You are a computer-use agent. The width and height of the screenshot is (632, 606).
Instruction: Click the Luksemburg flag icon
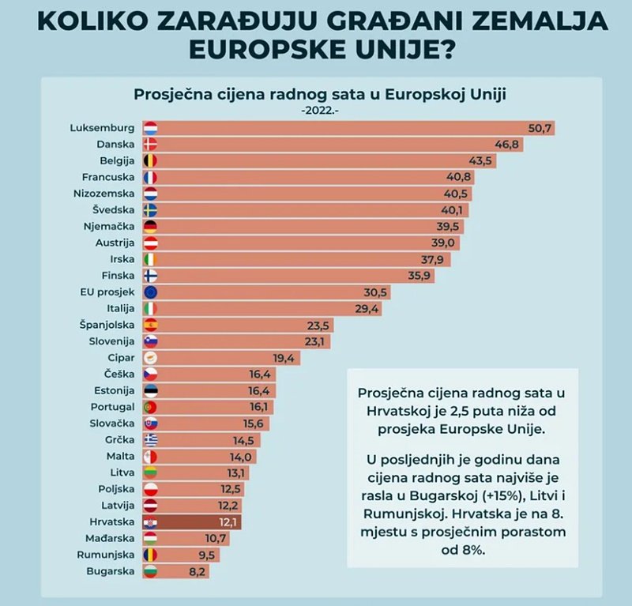[x=151, y=127]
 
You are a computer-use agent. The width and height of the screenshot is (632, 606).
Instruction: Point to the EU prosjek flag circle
[x=151, y=292]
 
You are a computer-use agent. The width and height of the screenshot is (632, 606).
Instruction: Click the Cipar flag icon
[x=151, y=357]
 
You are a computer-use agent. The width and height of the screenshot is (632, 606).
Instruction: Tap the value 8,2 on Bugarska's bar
[x=197, y=570]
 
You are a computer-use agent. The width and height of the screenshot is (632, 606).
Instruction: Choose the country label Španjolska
[x=107, y=325]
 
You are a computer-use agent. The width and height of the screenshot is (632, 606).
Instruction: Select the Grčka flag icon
[x=151, y=440]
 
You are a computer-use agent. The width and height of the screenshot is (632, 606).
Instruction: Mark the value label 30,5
[x=377, y=292]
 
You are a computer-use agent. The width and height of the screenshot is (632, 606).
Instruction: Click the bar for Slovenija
[x=237, y=341]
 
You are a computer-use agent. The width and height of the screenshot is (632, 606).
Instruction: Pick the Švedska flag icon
[x=151, y=210]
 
